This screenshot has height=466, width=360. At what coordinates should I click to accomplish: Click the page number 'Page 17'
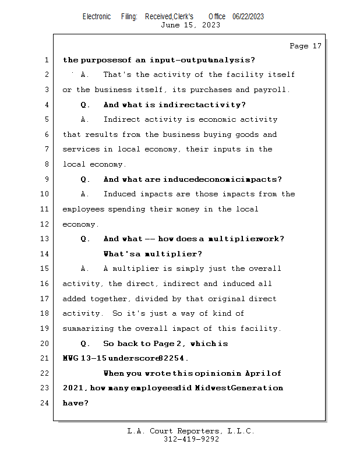305,46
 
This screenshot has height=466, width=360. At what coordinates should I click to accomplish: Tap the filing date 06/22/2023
248,16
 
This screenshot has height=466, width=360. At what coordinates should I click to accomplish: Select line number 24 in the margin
46,403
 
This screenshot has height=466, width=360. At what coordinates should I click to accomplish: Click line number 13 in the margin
46,239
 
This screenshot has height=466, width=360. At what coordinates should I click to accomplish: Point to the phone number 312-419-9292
191,439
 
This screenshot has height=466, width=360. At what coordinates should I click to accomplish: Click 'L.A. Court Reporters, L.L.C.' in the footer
190,431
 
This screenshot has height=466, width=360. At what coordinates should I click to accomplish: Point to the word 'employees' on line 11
83,209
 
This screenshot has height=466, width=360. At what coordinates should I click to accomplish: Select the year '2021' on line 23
74,388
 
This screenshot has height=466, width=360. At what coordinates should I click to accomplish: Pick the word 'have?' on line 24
75,403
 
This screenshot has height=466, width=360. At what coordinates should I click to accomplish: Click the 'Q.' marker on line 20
85,344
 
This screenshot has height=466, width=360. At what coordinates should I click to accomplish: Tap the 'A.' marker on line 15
85,269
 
